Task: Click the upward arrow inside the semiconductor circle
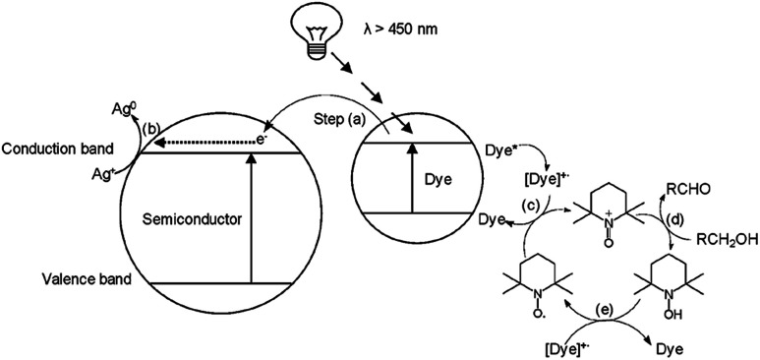click(252, 215)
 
